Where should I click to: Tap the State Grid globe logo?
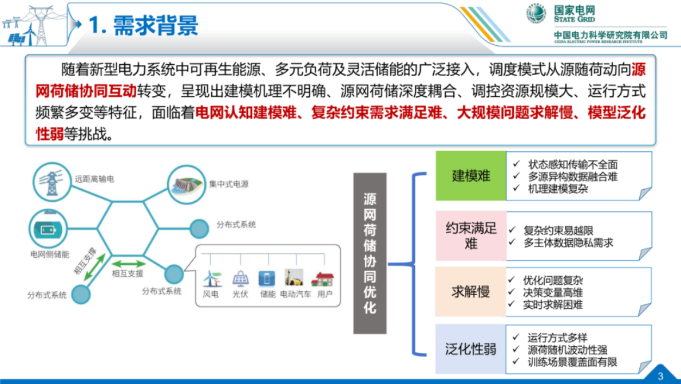[x=536, y=14]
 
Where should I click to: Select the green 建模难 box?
[x=471, y=175]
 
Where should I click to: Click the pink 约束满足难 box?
[x=471, y=236]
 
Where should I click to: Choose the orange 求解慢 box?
[x=471, y=291]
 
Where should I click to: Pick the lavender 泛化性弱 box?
[x=471, y=348]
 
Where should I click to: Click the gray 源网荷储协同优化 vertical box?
[x=370, y=253]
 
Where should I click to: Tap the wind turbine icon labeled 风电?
[x=212, y=279]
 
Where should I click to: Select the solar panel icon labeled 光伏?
[x=240, y=279]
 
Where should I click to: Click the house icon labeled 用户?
[x=323, y=279]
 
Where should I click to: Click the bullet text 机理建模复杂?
[x=558, y=189]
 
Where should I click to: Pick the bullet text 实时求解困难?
[x=553, y=304]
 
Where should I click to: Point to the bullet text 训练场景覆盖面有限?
[x=572, y=362]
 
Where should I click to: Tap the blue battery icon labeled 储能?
[x=267, y=279]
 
